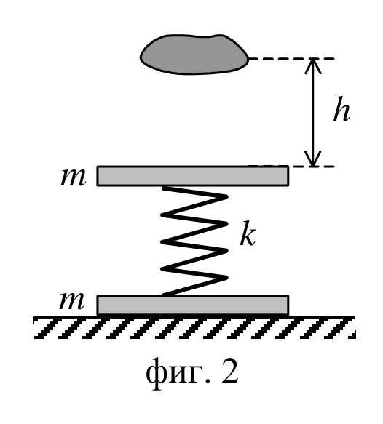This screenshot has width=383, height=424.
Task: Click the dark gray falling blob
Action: click(x=194, y=55)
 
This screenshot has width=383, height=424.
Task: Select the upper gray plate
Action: click(x=193, y=176)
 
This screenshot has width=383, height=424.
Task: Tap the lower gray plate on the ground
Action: click(x=193, y=305)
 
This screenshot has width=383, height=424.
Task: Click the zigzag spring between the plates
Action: click(x=194, y=241)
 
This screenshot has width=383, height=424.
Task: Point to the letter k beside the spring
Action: click(x=248, y=233)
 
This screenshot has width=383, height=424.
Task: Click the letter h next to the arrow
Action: click(x=341, y=108)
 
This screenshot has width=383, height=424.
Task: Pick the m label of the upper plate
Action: click(x=74, y=177)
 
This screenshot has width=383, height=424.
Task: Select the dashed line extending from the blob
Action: click(x=291, y=58)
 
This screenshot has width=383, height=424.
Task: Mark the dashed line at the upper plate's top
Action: click(x=312, y=167)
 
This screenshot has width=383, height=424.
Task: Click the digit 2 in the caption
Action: click(x=230, y=372)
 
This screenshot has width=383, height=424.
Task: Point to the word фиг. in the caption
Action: click(x=178, y=374)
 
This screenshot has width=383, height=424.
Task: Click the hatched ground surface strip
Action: click(x=194, y=327)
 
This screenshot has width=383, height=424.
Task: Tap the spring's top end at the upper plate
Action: click(x=164, y=187)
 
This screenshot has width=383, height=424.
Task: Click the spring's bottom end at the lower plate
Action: click(x=163, y=295)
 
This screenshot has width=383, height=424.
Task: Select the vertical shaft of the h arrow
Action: click(x=313, y=112)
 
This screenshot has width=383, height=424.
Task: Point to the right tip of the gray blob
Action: click(x=248, y=58)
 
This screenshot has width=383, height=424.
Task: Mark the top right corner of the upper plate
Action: click(x=288, y=166)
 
